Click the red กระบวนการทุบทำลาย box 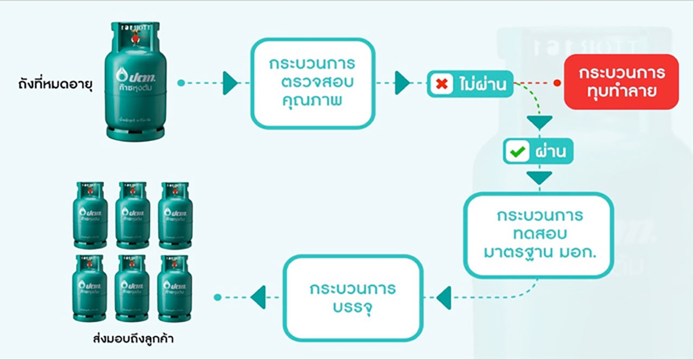pyautogui.click(x=621, y=82)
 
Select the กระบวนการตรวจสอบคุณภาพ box pyautogui.click(x=312, y=83)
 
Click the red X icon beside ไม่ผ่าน pyautogui.click(x=442, y=85)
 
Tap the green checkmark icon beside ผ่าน pyautogui.click(x=517, y=152)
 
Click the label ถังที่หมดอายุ pyautogui.click(x=56, y=85)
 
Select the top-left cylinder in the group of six pyautogui.click(x=90, y=215)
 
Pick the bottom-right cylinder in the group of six pyautogui.click(x=175, y=288)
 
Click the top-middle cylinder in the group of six pyautogui.click(x=132, y=215)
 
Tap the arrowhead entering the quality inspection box pyautogui.click(x=230, y=83)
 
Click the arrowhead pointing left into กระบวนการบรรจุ pyautogui.click(x=444, y=298)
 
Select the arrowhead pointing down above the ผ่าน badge pyautogui.click(x=539, y=123)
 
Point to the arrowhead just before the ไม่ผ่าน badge pyautogui.click(x=402, y=83)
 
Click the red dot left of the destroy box pyautogui.click(x=557, y=83)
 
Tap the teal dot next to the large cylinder pyautogui.click(x=181, y=83)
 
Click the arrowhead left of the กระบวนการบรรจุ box pyautogui.click(x=259, y=297)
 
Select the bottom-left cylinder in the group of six pyautogui.click(x=90, y=288)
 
